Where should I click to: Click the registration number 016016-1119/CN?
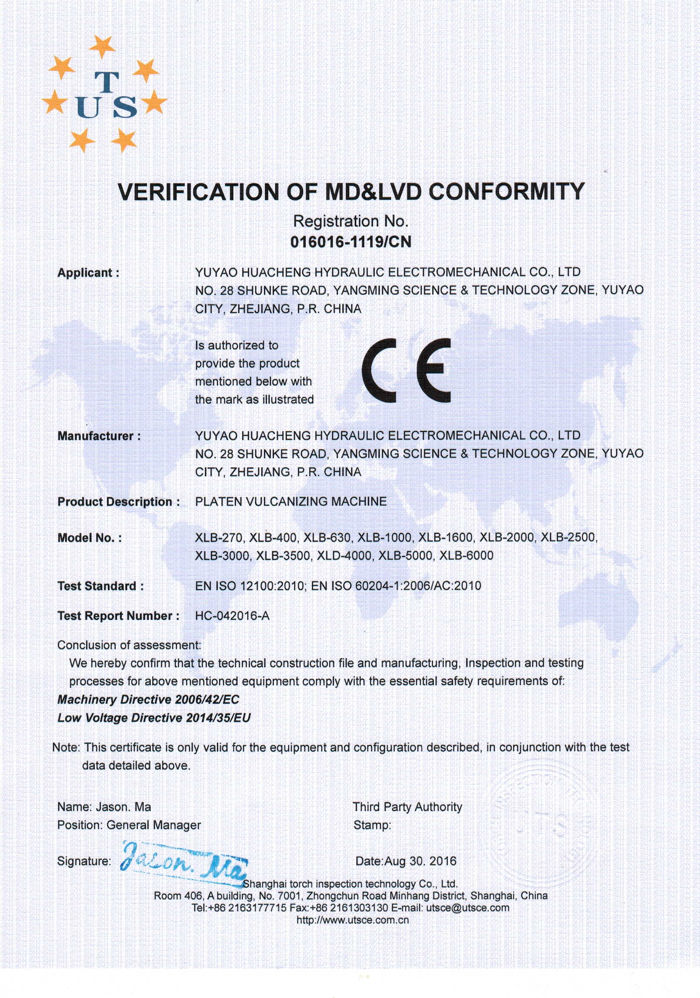click(x=350, y=242)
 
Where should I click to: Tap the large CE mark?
click(x=406, y=370)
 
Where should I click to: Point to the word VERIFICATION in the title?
click(x=198, y=192)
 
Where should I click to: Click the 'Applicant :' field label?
click(x=88, y=273)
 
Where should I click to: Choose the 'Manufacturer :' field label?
click(x=99, y=436)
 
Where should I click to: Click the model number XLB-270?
click(x=218, y=538)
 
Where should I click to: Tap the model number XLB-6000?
click(x=466, y=556)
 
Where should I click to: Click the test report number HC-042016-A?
click(x=232, y=616)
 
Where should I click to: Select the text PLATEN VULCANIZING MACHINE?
click(x=291, y=501)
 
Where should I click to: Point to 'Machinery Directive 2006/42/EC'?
click(x=148, y=700)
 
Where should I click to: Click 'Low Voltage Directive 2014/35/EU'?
click(x=154, y=718)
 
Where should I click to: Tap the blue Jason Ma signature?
click(x=183, y=862)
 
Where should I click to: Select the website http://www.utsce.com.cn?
click(x=352, y=920)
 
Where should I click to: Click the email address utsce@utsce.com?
click(x=468, y=908)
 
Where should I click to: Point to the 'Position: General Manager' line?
click(x=129, y=825)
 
